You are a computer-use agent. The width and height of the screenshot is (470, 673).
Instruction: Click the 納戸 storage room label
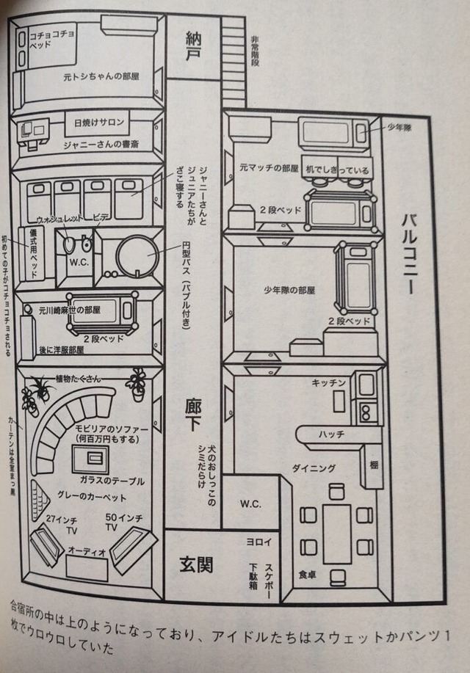pos(193,46)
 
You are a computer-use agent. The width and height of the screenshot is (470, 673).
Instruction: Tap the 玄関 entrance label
pos(196,564)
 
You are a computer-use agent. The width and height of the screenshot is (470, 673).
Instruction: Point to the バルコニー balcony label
pos(409,254)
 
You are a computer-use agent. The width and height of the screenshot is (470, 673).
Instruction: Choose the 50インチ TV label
pos(117,523)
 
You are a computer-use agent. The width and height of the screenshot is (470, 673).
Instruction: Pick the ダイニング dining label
pos(314,468)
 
